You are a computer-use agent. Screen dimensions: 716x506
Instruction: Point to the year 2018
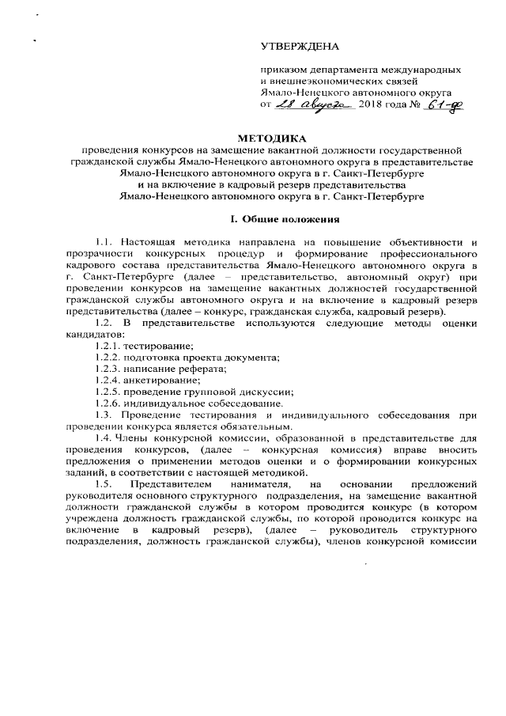(x=372, y=105)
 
